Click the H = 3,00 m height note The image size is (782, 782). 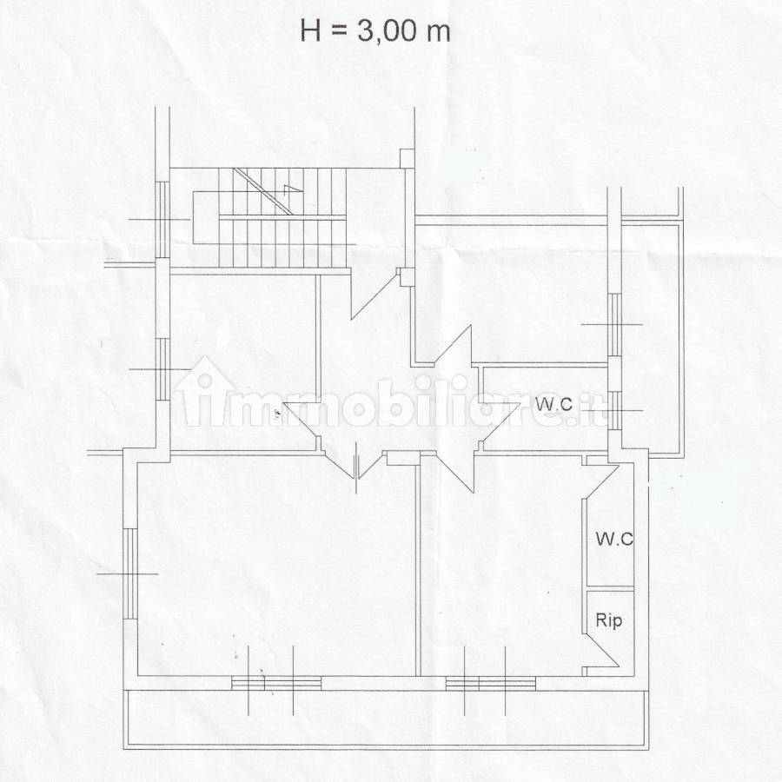[x=375, y=31]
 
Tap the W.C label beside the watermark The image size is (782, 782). [x=553, y=404]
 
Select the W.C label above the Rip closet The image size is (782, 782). [x=614, y=539]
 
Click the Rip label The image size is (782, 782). [x=609, y=620]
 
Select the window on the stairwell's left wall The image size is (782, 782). [x=162, y=220]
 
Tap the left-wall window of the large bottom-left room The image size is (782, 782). [x=130, y=573]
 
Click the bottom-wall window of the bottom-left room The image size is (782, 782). [x=276, y=683]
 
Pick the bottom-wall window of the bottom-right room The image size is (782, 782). [x=491, y=683]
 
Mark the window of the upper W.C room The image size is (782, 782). [x=615, y=410]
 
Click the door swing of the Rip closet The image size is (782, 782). [x=601, y=649]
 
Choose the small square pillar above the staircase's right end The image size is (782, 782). [x=407, y=157]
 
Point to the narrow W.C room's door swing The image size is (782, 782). [x=601, y=481]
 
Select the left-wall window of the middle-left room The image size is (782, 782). [x=162, y=369]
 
